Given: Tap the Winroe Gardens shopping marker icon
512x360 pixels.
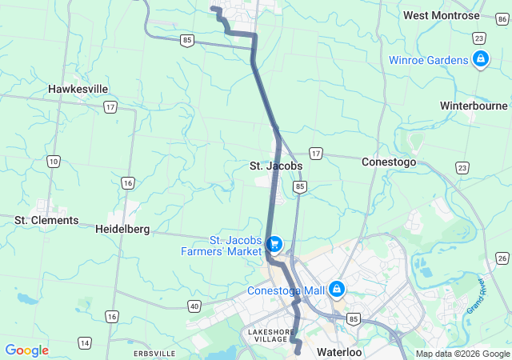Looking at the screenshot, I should click(x=480, y=59).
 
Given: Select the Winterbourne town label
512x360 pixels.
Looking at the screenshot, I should click(x=474, y=106).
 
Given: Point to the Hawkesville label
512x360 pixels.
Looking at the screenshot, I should click(x=78, y=89).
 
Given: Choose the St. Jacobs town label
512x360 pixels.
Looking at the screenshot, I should click(x=275, y=166).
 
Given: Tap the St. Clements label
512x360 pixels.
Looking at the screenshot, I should click(x=46, y=220).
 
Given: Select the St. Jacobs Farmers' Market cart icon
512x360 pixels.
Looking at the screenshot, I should click(x=275, y=242).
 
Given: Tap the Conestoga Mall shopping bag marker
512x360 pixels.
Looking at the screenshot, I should click(x=338, y=288).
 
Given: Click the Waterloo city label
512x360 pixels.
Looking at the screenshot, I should click(x=339, y=352).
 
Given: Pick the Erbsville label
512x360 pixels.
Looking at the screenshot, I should click(x=154, y=353).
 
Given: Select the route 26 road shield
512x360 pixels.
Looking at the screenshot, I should click(x=502, y=258).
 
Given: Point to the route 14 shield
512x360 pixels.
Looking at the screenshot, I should click(x=84, y=343).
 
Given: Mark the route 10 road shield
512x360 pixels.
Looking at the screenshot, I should click(x=54, y=162).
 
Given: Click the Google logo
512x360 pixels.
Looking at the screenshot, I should click(x=27, y=350).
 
